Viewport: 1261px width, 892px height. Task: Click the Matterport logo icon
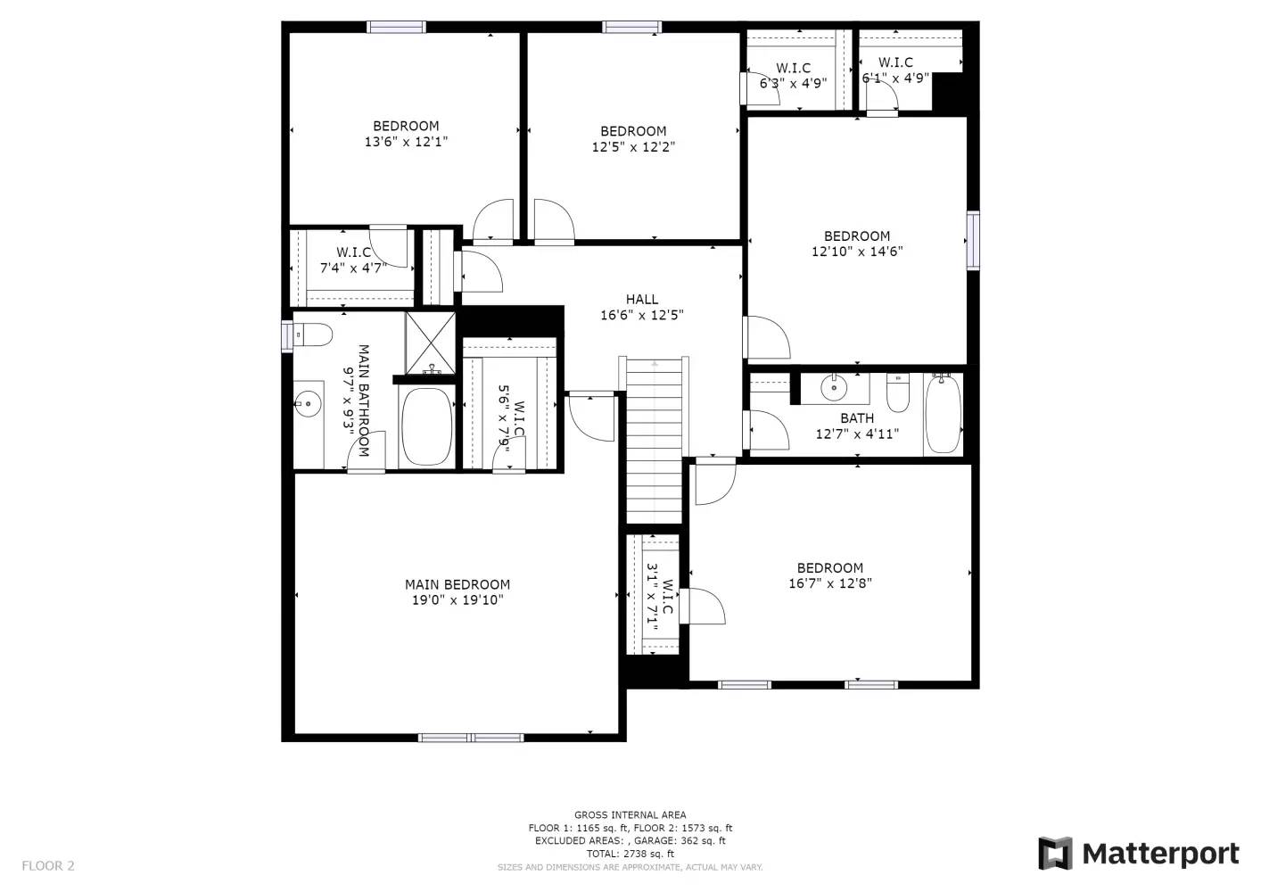tap(1056, 854)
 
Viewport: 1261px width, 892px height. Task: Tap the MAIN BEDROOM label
tap(457, 584)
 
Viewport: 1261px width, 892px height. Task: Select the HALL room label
tap(641, 300)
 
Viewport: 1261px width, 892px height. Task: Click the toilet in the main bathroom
tap(312, 334)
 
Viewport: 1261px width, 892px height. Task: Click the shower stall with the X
tap(431, 342)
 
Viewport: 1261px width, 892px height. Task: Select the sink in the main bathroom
tap(308, 405)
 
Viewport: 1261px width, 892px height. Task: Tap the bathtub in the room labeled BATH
tap(943, 414)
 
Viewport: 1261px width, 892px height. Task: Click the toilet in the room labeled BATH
tap(897, 392)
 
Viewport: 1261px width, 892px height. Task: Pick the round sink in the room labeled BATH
tap(834, 388)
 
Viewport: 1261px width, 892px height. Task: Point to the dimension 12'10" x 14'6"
tap(857, 252)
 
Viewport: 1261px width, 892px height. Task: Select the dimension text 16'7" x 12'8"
tap(829, 583)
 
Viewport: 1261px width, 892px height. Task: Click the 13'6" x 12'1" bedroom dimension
tap(406, 141)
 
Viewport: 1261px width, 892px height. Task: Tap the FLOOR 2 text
tap(48, 865)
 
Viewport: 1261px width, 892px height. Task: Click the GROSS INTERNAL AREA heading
tap(630, 814)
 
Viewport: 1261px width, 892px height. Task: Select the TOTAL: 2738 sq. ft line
tap(630, 854)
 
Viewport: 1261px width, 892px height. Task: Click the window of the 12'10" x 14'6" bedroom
tap(973, 240)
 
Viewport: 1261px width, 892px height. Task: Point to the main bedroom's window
tap(471, 738)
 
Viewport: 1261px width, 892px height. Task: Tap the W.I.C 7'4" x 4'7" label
tap(353, 260)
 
